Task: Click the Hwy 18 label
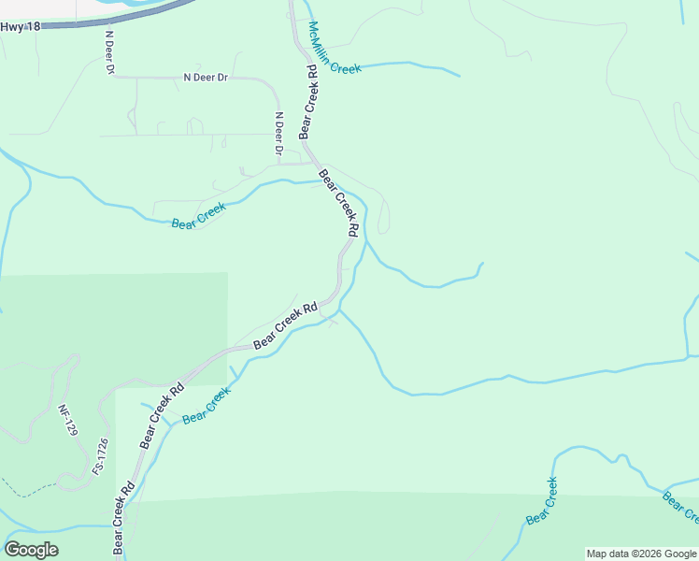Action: pos(21,27)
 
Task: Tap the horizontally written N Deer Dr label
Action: pos(206,78)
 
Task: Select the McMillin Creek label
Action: pos(335,47)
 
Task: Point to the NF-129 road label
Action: pos(65,420)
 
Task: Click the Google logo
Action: pos(31,549)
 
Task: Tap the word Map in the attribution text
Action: pos(597,554)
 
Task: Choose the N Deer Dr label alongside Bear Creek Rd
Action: pos(278,134)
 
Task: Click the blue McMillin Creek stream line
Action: pos(411,65)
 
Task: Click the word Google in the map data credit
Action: pos(681,554)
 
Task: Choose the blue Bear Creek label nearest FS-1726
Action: pos(206,407)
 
